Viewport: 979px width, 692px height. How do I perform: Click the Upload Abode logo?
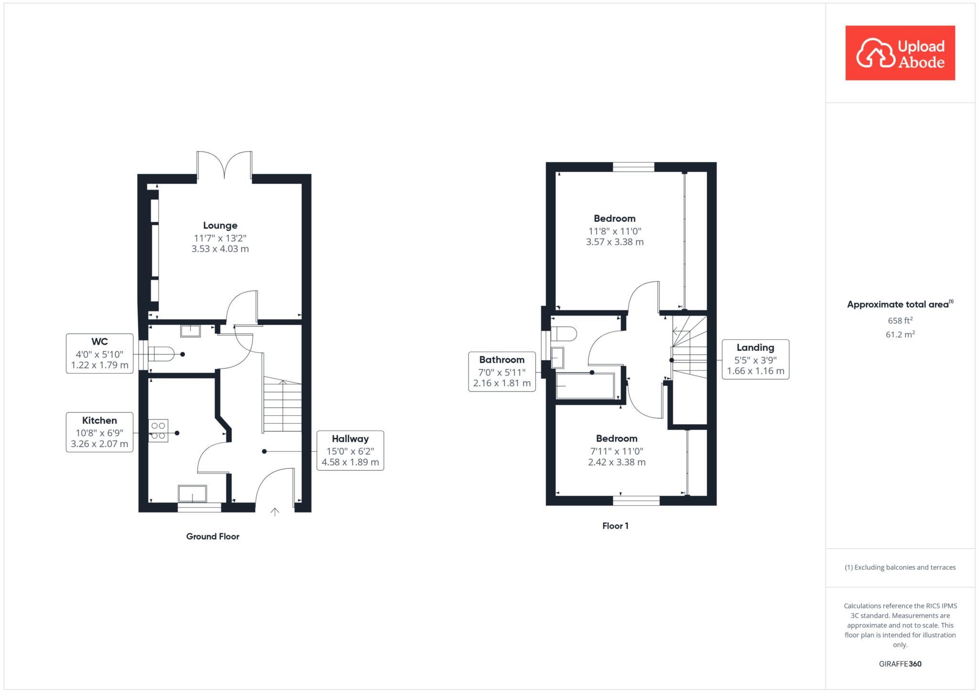pos(900,53)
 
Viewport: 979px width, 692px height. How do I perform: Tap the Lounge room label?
pos(220,226)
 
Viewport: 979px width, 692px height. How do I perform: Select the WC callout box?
pos(99,354)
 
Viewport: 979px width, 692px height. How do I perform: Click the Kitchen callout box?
pos(99,432)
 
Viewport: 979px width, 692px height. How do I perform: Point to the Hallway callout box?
pos(350,450)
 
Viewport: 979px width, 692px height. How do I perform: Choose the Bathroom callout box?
pos(501,371)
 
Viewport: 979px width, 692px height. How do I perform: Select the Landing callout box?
pos(755,359)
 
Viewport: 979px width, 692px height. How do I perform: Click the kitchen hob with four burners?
pos(158,431)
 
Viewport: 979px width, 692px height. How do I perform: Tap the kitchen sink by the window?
pos(193,494)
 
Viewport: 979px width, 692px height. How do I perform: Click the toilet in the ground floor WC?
pos(161,355)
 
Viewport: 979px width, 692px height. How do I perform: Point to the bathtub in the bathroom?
pos(585,386)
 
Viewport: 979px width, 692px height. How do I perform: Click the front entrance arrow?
pos(275,512)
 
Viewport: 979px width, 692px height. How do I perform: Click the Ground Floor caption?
pos(213,536)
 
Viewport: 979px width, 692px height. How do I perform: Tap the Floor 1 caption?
pos(615,526)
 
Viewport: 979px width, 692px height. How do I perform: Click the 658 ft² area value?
pos(900,321)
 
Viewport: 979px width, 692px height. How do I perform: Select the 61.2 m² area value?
pos(900,335)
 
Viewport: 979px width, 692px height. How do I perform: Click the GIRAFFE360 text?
pos(900,664)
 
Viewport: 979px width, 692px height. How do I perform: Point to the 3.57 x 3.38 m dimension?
pos(615,242)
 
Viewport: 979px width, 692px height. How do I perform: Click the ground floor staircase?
pos(282,406)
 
